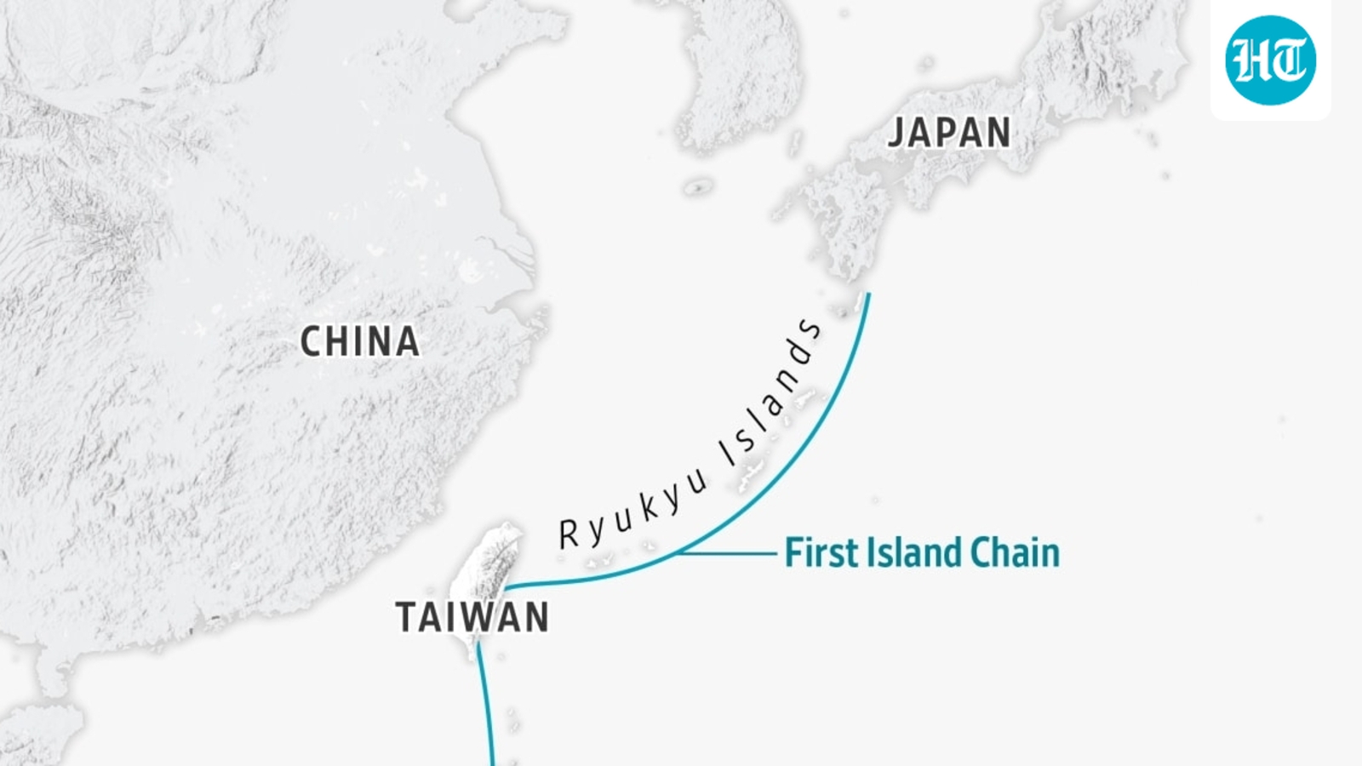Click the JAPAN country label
[949, 134]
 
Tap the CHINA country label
[360, 342]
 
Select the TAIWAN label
[472, 617]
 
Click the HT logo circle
[1270, 60]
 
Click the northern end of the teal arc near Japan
[868, 295]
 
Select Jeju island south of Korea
[698, 186]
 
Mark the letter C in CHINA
[312, 342]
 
